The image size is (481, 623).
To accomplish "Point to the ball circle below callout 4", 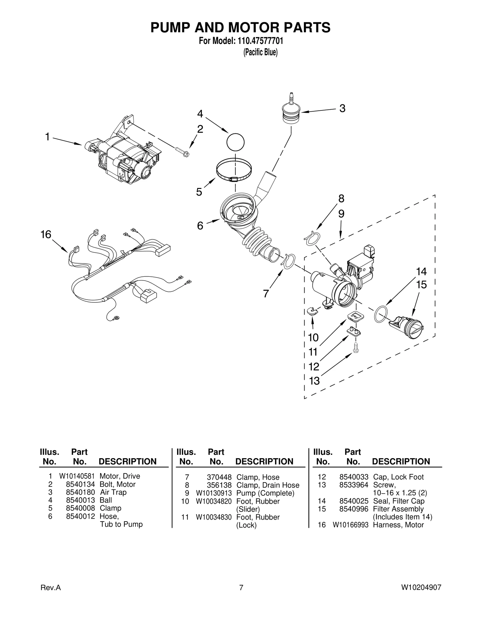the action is coord(235,142).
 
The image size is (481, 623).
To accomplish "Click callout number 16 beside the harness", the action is coord(46,234).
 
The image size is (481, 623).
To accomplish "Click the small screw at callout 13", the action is coord(356,348).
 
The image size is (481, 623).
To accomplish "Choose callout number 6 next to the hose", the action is coord(200,226).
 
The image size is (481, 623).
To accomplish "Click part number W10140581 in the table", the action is coord(77,476).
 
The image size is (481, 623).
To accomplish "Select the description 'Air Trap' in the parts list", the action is coord(113,492).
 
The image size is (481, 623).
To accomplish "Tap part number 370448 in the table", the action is coord(219,477).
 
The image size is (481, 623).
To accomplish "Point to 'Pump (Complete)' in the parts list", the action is coord(265,493).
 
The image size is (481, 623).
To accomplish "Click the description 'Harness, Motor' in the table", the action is coord(398,525).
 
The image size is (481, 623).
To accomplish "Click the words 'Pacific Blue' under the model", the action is coord(260,52).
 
